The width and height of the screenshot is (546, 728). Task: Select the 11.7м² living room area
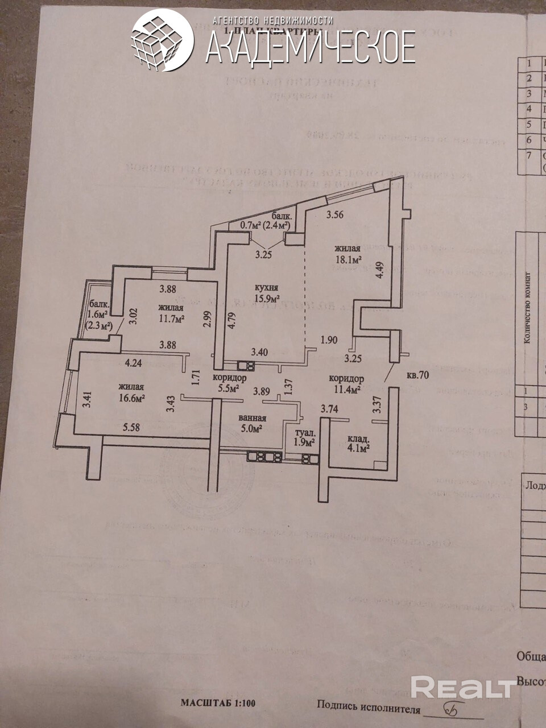[x=171, y=320]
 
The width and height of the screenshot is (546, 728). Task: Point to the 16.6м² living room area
[x=131, y=399]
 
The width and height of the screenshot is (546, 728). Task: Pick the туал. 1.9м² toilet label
[x=303, y=437]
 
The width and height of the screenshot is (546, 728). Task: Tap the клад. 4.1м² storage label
[x=358, y=443]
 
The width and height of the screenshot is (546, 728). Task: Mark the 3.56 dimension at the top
[x=336, y=215]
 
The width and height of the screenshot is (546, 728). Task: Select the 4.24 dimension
[x=135, y=362]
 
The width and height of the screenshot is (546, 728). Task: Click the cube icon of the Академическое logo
[x=160, y=40]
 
